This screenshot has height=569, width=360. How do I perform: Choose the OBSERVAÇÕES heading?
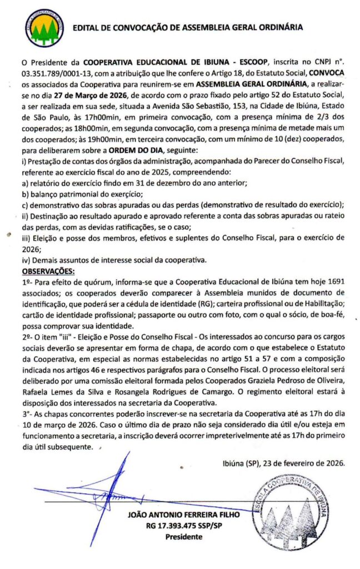47,271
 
